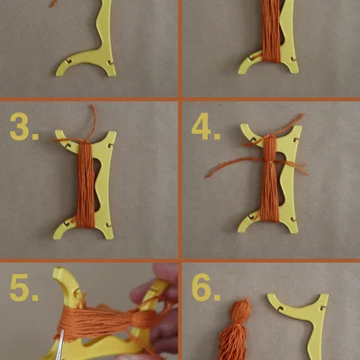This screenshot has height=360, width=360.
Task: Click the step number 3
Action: [23, 127]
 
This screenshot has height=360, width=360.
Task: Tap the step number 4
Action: [206, 126]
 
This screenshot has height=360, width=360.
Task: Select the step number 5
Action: [24, 288]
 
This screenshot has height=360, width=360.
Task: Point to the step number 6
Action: [206, 287]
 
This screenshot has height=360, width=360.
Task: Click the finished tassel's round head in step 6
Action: [240, 312]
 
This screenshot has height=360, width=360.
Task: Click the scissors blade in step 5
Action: [60, 345]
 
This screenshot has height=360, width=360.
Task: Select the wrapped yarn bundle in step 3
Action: [85, 184]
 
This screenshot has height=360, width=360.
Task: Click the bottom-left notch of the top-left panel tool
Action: [68, 61]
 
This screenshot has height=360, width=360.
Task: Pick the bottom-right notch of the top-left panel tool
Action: [111, 62]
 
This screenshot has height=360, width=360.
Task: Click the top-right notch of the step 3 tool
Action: [111, 145]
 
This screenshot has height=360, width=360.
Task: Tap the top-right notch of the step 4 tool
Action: [296, 139]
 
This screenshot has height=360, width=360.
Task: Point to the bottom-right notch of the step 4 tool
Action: [293, 220]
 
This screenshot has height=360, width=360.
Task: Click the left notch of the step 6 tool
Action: [281, 308]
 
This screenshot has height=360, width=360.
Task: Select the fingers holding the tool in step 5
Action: [159, 309]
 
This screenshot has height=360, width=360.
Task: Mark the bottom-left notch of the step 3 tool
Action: [67, 223]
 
